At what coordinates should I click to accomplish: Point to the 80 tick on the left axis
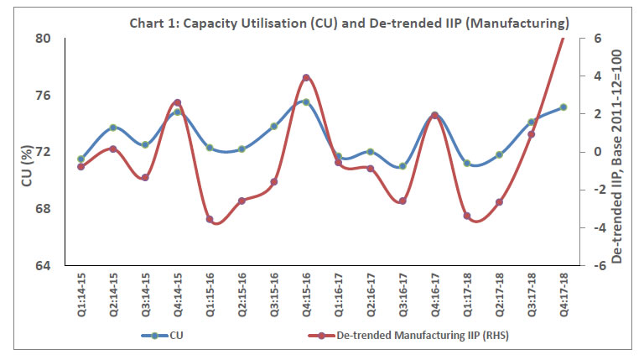(x=43, y=39)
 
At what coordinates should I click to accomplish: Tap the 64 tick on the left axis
(x=43, y=266)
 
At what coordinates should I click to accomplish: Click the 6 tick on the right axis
(x=597, y=39)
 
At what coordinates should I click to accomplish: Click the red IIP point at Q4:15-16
(x=306, y=78)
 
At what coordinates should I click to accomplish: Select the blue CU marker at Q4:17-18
(x=563, y=107)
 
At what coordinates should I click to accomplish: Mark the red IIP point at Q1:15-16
(x=210, y=219)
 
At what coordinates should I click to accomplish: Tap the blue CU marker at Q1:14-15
(x=81, y=159)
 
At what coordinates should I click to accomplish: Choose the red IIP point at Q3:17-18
(x=532, y=134)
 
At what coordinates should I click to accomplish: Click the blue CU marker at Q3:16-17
(x=402, y=166)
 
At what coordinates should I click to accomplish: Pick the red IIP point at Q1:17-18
(x=467, y=216)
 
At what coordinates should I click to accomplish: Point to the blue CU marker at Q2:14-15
(x=113, y=128)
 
